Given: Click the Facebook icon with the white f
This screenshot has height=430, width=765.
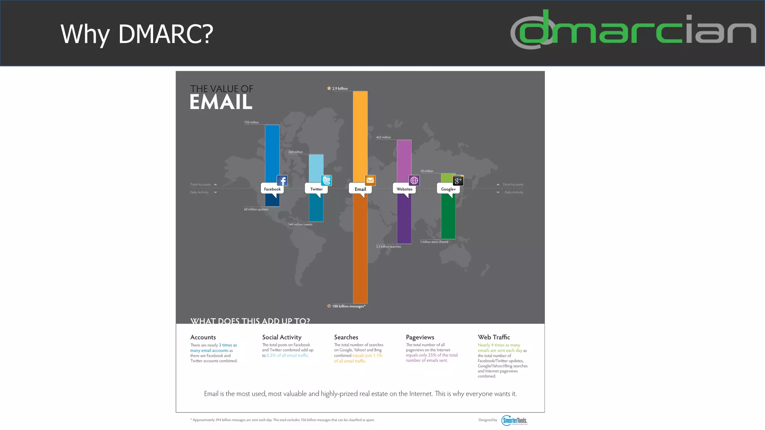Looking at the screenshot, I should (x=282, y=181).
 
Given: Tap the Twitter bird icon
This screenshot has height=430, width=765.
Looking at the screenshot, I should (x=326, y=181).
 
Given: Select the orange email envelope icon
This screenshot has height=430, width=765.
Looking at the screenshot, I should (x=370, y=180).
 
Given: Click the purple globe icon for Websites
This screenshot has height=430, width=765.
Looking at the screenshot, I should (x=414, y=181).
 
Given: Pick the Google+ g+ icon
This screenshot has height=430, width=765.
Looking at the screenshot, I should (x=458, y=181).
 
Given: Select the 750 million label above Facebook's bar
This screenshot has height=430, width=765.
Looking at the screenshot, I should (x=251, y=122).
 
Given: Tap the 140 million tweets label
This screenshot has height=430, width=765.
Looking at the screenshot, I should (x=300, y=224).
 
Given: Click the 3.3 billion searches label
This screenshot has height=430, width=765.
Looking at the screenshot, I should (x=388, y=246).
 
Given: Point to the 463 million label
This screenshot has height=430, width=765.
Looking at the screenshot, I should (x=383, y=137).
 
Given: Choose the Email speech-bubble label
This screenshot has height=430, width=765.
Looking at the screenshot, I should (x=360, y=189).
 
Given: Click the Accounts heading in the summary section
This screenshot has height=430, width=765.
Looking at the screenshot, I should (x=203, y=337).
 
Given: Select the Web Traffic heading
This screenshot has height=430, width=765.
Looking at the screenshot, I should (x=493, y=337).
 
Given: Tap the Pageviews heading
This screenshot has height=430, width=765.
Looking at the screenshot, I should (x=420, y=337).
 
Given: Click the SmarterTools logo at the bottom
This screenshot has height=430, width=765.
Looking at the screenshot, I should (x=514, y=420).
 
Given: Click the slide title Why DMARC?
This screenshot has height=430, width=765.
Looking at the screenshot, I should (x=137, y=34).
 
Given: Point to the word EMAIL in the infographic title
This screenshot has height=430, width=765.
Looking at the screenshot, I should (x=221, y=102).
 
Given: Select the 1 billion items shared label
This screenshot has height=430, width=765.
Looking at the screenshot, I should (x=434, y=242).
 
